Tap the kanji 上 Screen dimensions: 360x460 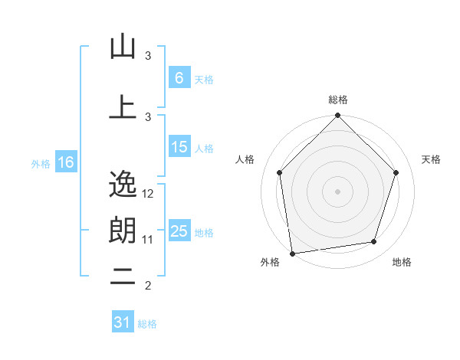coord(123,107)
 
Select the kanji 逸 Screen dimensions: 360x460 coord(123,184)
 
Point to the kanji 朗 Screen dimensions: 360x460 coord(123,230)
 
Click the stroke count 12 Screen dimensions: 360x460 coord(149,194)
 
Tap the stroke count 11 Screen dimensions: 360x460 coord(148,240)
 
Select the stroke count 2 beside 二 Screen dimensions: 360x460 coord(148,286)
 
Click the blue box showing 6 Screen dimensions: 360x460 coord(179,78)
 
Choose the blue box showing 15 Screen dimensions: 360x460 coord(179,147)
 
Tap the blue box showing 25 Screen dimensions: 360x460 coord(179,231)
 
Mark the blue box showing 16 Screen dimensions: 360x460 coord(66,162)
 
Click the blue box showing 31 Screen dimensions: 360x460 coord(122,322)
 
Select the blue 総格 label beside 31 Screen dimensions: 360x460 coord(147,324)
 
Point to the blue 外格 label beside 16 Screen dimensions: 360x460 coord(41,163)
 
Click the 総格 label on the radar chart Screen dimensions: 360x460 coord(337,100)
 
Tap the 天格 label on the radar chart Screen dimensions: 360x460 coord(432,159)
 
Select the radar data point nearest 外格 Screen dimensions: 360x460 coord(292,253)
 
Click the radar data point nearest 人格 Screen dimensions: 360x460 coord(279,172)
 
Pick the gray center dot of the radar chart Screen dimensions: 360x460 coord(337,191)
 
